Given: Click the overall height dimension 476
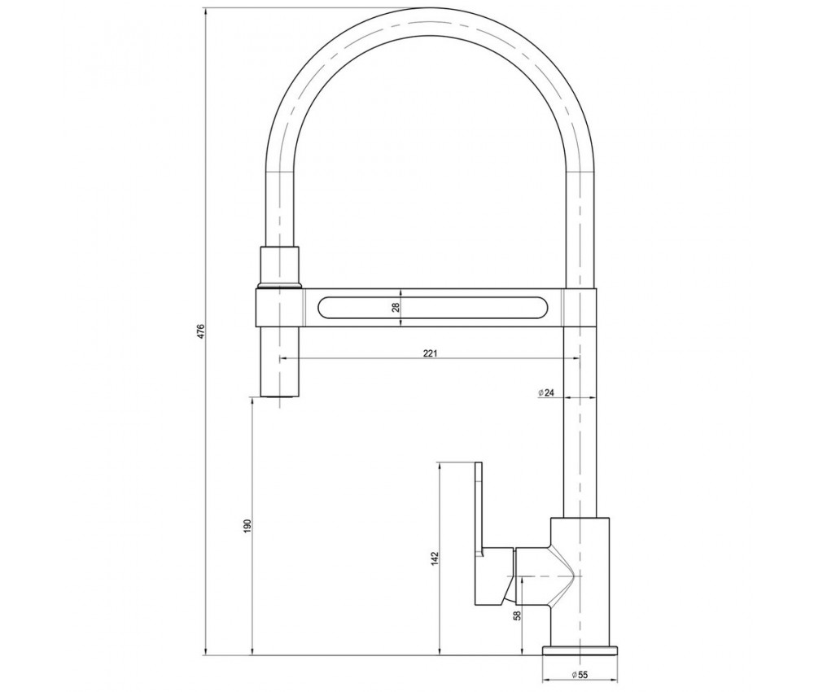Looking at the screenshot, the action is click(x=201, y=331).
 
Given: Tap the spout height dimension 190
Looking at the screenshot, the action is click(x=247, y=525).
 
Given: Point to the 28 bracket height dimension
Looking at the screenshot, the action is click(x=396, y=307).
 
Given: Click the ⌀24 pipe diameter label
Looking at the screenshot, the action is click(x=547, y=392).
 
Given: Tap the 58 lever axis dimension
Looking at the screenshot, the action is click(x=516, y=615).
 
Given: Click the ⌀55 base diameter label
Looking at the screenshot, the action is click(x=579, y=674).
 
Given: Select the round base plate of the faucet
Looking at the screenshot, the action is click(x=580, y=650).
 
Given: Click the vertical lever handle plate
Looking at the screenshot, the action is click(x=479, y=534).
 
